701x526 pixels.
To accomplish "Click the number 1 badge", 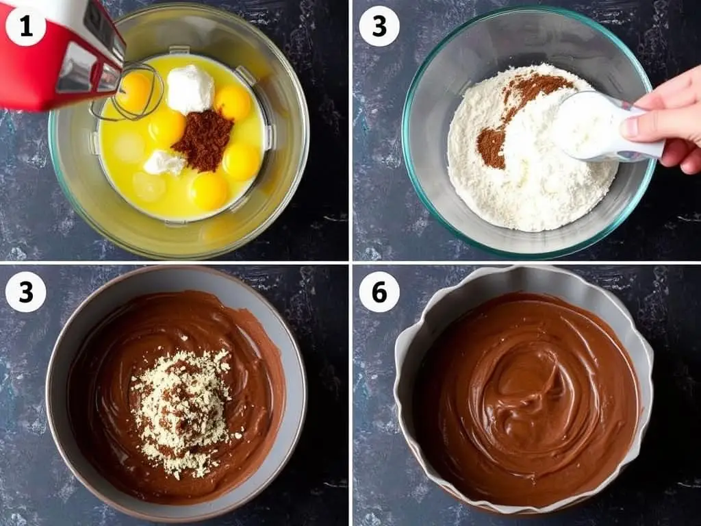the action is tap(25, 27).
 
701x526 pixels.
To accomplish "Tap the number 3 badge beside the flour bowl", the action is tap(379, 27).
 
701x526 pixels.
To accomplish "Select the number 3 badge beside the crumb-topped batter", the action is tap(25, 292).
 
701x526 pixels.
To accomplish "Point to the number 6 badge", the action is tap(379, 292).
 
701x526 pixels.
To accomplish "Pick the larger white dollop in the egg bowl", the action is tap(190, 88).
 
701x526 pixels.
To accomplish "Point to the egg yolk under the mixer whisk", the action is tap(134, 92).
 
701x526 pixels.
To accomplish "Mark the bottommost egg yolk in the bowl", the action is tap(208, 191).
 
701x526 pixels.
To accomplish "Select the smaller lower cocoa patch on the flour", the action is tap(492, 148).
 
